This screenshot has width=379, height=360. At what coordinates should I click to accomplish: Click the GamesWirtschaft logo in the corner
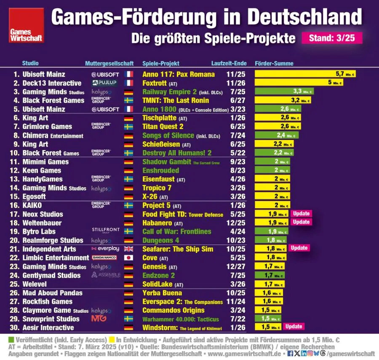pos(27,25)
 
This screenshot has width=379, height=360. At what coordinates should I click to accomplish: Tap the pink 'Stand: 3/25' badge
pos(332,38)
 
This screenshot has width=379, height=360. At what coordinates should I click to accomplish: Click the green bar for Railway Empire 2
pos(284,91)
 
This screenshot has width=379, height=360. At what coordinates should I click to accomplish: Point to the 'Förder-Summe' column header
pos(274,64)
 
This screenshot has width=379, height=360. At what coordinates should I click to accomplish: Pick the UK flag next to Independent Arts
pos(128,249)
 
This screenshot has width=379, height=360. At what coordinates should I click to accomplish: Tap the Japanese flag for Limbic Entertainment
pos(128,258)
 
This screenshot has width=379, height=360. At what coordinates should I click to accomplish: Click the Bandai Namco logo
pos(104,258)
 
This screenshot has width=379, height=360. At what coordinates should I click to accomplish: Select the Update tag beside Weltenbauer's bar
pos(301,222)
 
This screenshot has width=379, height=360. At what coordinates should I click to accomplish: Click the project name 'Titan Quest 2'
pos(163,126)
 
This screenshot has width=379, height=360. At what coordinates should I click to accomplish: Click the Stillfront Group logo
pos(106,231)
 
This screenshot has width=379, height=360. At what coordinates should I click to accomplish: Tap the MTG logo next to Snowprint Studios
pos(99,319)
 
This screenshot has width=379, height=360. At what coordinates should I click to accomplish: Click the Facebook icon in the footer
pos(290,353)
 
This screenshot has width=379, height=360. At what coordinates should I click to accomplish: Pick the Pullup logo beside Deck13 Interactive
pos(104,83)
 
